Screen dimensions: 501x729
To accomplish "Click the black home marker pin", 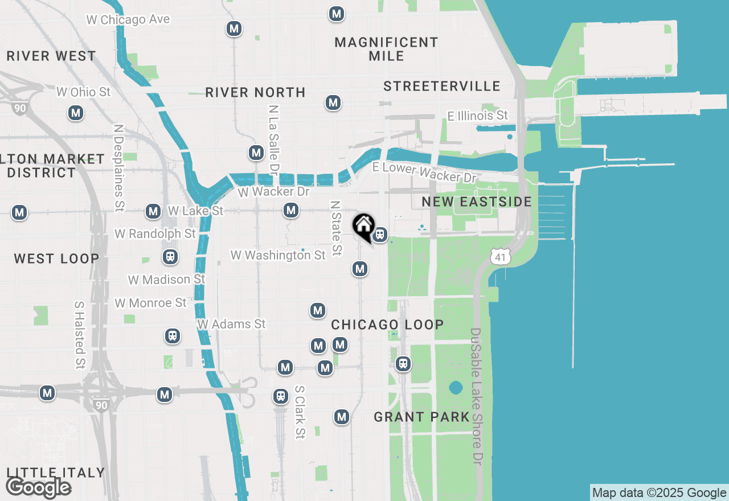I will coord(363,226).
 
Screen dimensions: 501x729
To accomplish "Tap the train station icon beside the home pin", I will coord(380,234).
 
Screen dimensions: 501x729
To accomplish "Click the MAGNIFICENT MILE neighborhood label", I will coord(386,49).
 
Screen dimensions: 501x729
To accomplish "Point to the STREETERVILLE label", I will coord(441,86).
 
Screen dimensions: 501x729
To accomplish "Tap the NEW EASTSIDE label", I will coord(477,202).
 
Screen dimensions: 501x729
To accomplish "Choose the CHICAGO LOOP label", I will coord(387,325).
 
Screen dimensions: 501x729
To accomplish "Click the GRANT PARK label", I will coord(421,417).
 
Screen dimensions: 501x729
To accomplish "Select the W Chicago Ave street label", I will coord(128,19).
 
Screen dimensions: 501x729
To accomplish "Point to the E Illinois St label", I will coord(477,116).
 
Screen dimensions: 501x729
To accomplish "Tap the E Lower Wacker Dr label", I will coord(424,173).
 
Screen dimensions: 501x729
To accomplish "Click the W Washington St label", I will coord(278,255).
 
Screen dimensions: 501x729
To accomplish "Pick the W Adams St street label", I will coord(231,324).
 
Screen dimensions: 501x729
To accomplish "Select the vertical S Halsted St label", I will coord(79,335).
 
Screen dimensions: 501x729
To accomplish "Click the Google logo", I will coord(38,487).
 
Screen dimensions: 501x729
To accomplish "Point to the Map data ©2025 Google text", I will coord(659,492).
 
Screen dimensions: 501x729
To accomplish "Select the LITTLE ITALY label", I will coord(56,473).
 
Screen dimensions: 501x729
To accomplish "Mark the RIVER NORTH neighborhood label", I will coord(255,92).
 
